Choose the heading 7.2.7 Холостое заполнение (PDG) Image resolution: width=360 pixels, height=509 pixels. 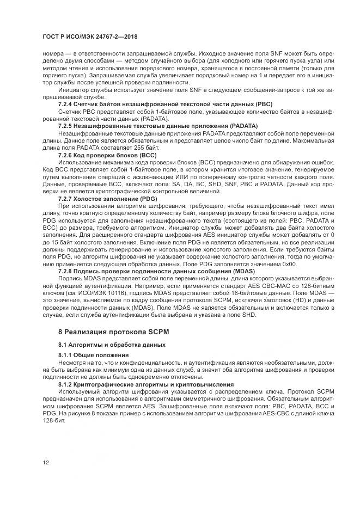108,199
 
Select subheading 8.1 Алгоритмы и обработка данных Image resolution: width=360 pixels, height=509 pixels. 112,346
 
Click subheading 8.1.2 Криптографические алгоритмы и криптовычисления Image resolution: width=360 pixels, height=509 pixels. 146,384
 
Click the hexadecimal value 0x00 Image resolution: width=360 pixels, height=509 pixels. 289,263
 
